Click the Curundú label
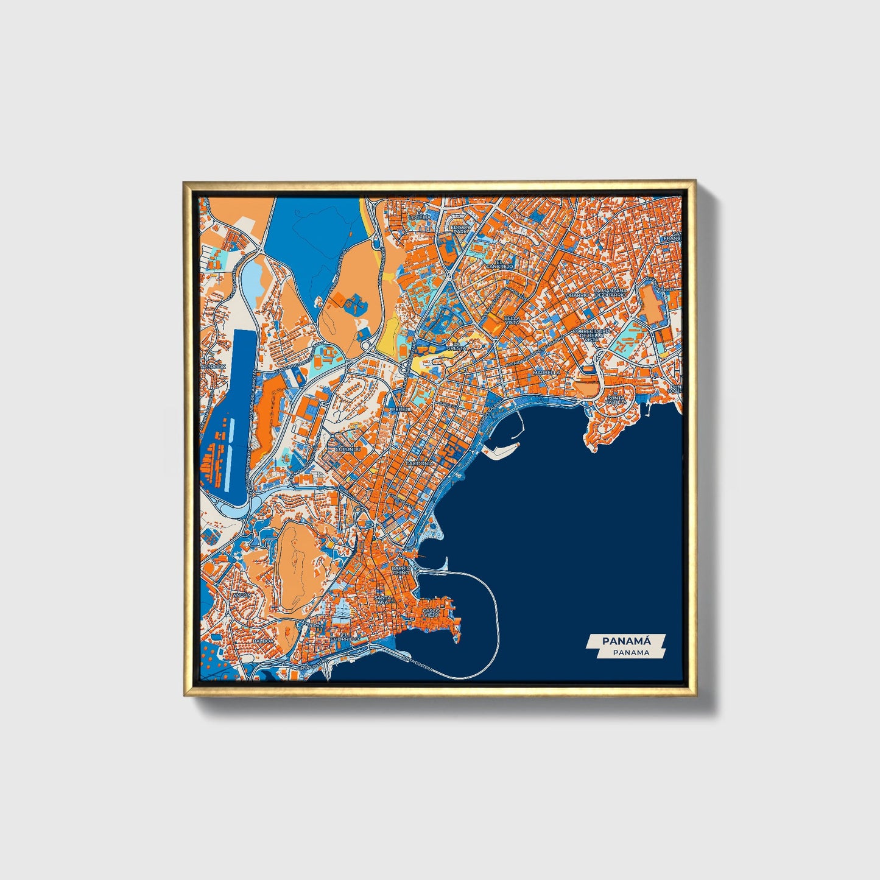[348, 449]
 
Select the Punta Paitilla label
[616, 401]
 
